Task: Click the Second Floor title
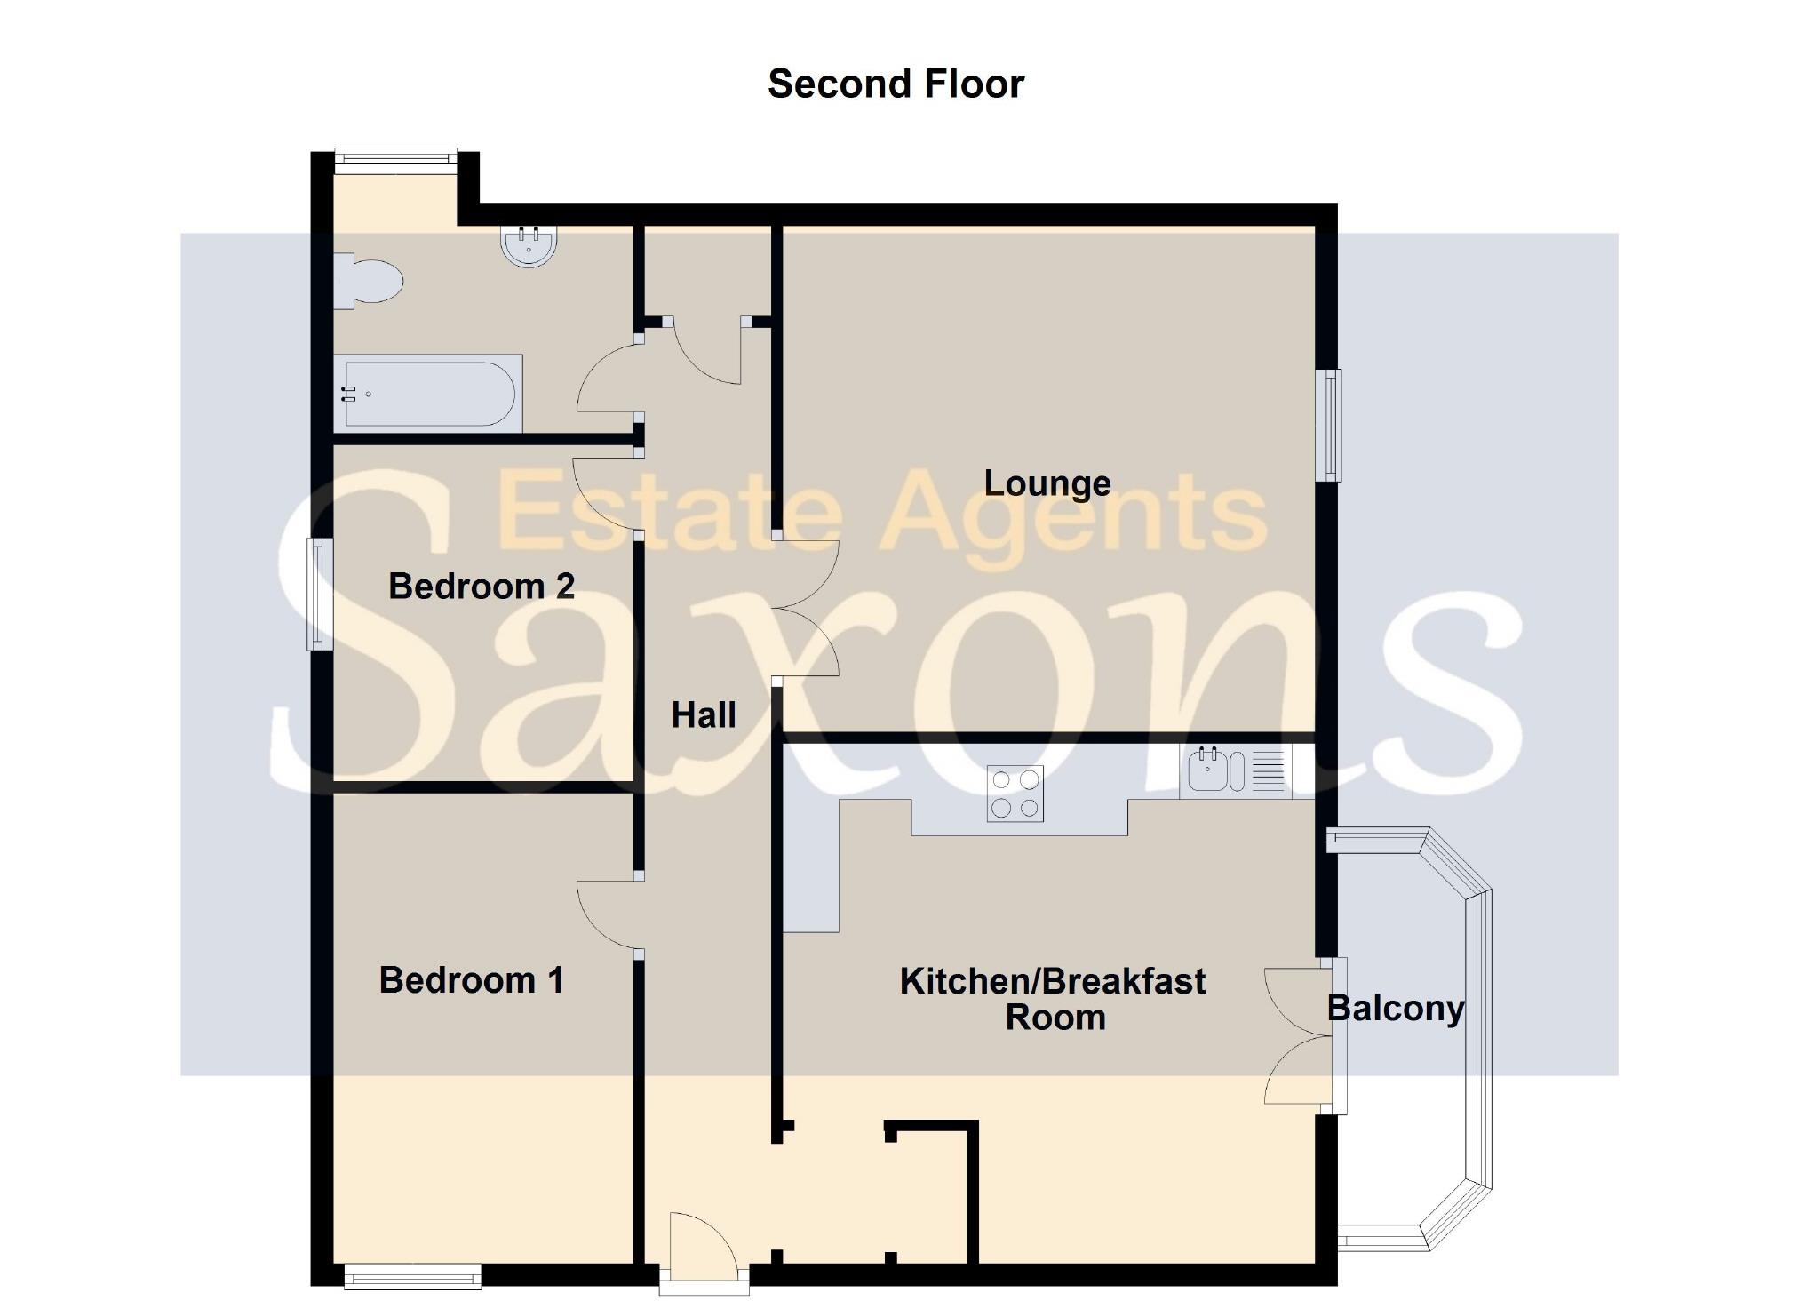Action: pos(896,84)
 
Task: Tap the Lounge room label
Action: pos(1047,483)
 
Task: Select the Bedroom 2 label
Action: pos(482,587)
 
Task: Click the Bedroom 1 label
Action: pos(471,980)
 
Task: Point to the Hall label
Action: pos(703,715)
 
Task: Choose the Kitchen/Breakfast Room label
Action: pos(1053,999)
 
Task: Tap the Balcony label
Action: pos(1395,1009)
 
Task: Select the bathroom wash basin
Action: pos(529,246)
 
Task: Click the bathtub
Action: pos(428,393)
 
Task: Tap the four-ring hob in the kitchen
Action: pos(1015,794)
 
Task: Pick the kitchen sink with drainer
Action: pos(1235,770)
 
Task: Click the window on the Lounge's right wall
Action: pos(1329,425)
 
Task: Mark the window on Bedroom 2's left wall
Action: pos(319,594)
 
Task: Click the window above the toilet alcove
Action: pos(395,158)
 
